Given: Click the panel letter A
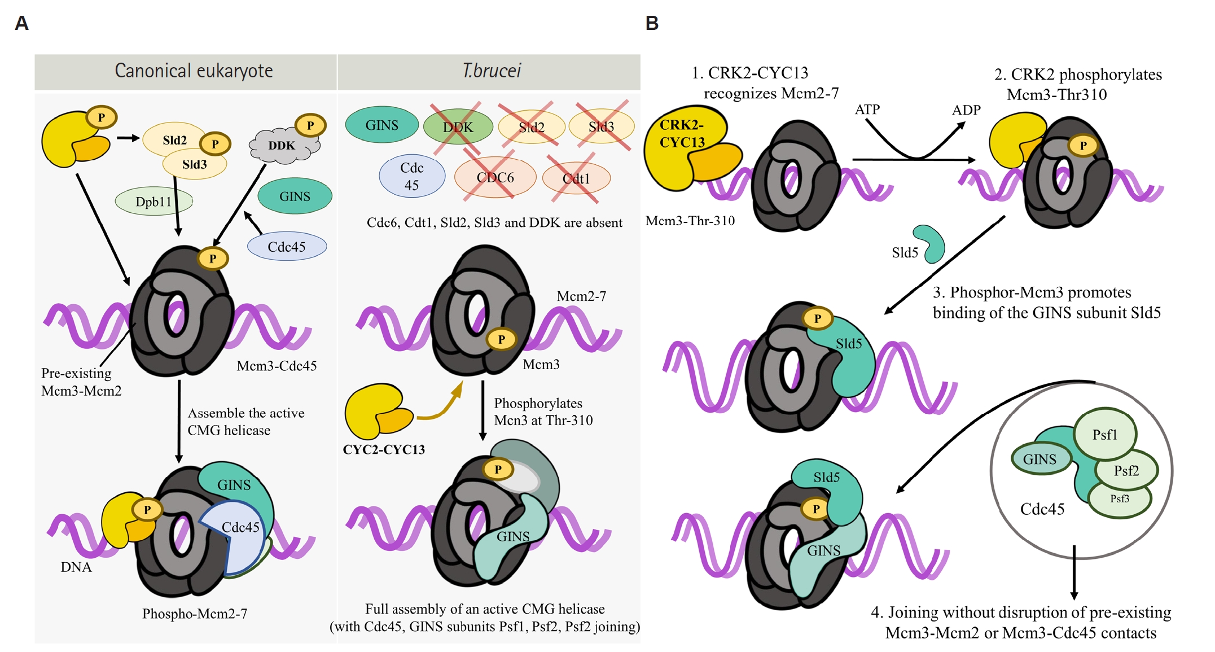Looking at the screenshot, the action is coord(21,23).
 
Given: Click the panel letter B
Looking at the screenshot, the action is coord(652,23).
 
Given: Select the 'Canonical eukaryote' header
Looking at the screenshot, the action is coord(194,71).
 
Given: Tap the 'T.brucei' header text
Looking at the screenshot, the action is coord(492,71).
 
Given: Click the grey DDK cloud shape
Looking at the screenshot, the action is coord(284,146).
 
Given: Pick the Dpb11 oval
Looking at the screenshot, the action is coord(153,201).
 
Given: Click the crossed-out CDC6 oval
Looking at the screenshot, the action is coord(495,177).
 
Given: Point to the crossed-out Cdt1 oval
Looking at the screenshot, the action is coord(576,178).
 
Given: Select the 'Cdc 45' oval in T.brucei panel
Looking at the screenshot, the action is coord(412,176).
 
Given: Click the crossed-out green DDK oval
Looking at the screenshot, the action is coord(458,127).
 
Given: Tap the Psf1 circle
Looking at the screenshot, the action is coord(1104,434).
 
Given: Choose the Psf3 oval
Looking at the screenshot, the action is coord(1120,500).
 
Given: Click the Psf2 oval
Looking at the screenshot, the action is coord(1126,470).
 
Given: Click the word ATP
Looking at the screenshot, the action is coord(867,109).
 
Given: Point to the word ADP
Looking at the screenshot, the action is coord(966,110).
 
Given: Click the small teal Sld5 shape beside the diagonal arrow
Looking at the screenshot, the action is coord(930,243).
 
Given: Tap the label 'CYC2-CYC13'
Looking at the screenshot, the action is coord(384,449).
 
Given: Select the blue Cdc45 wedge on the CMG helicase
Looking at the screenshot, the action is coord(234,536).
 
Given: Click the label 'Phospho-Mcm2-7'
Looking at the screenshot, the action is coord(195,614).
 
